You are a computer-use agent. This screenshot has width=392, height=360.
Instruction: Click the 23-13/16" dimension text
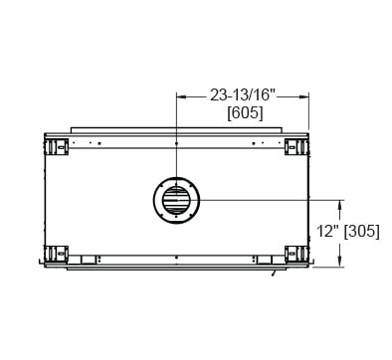(243, 95)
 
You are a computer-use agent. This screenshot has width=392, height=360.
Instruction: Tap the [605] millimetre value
(245, 113)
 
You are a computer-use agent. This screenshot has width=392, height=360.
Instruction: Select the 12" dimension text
(326, 231)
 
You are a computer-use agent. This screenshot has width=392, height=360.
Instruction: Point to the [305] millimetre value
(362, 231)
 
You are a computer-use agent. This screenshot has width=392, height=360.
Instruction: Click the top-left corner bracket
(56, 147)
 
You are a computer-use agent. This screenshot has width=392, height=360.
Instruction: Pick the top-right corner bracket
(296, 147)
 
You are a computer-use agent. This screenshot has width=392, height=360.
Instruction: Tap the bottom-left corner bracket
(56, 255)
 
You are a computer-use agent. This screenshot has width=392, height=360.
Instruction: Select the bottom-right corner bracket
(296, 255)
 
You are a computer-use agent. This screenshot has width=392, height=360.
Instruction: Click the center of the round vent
(176, 201)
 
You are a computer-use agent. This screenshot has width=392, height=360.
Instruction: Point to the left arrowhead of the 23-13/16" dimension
(181, 96)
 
